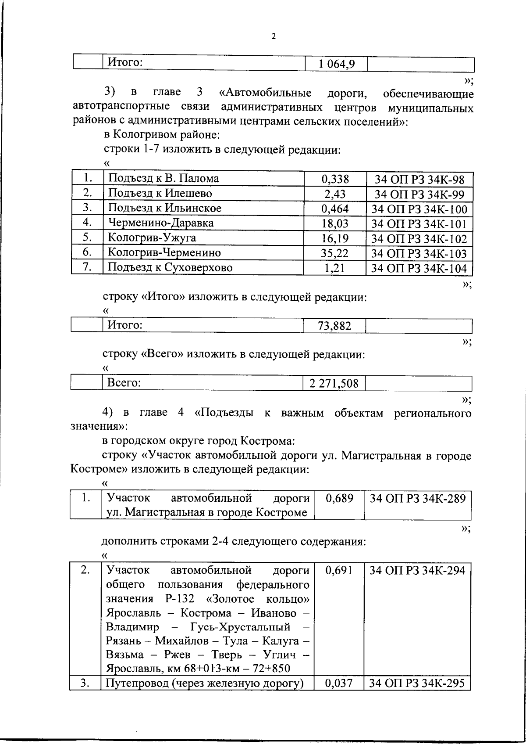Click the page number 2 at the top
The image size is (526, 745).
(274, 37)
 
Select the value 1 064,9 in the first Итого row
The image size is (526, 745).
(337, 65)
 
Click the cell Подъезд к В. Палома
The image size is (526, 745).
(163, 178)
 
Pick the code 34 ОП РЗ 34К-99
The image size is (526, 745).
(419, 194)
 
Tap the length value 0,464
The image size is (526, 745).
(335, 209)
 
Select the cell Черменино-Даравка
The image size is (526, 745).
(161, 223)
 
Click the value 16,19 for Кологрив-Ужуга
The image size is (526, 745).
(335, 238)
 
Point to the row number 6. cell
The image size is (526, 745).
(87, 252)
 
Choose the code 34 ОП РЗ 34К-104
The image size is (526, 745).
(419, 268)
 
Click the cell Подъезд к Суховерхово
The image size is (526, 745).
(170, 268)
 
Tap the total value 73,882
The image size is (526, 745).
(334, 326)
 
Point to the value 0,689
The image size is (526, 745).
(340, 499)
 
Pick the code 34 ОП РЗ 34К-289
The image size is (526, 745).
(418, 499)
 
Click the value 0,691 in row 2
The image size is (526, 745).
(340, 571)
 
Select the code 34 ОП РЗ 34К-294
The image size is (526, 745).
(418, 571)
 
